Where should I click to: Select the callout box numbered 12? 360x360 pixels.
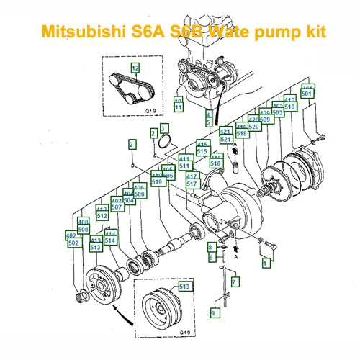tap(135, 67)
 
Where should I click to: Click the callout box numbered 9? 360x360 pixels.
tap(213, 313)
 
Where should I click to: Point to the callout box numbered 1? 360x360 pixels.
tap(266, 264)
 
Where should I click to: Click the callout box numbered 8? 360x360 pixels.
tap(211, 247)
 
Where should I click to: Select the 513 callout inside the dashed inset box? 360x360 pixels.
tap(184, 286)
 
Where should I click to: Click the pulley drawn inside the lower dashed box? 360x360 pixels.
tap(159, 308)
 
